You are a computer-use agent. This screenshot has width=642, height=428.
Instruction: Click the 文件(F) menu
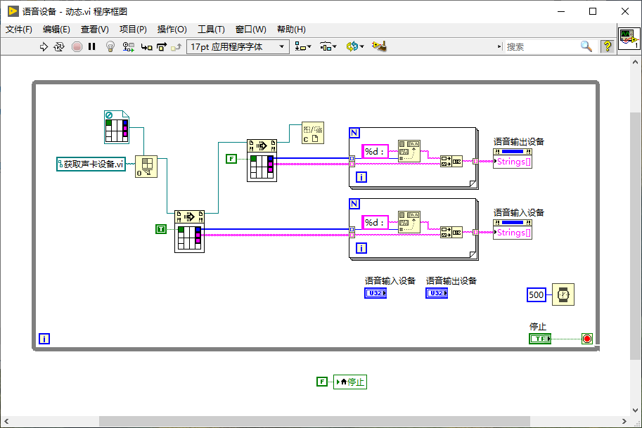pos(19,29)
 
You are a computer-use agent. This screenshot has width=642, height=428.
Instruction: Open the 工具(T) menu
pos(211,29)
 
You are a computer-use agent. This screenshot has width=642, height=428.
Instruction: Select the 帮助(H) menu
pos(291,29)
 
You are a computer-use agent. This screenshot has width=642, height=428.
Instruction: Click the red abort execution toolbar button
pos(77,46)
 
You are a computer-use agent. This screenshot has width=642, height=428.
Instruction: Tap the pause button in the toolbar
pos(91,46)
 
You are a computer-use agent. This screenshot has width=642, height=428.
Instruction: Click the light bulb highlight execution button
pos(110,46)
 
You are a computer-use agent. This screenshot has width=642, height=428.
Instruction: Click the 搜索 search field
pos(541,46)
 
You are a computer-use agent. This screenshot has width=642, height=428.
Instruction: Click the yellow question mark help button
pos(607,46)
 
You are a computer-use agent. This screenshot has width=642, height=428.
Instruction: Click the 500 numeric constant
pos(536,294)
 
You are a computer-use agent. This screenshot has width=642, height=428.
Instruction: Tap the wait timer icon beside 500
pos(563,294)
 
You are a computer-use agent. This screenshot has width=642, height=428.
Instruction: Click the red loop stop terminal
pos(587,339)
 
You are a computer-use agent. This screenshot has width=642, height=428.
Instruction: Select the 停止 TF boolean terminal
pos(540,339)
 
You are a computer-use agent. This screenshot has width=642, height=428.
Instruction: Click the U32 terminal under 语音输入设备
pos(375,293)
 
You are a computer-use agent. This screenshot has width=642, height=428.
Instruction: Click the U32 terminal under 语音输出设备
pos(437,293)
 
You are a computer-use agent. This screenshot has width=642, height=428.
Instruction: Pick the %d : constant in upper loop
pos(375,152)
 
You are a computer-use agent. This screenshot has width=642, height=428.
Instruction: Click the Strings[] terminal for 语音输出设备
pos(513,161)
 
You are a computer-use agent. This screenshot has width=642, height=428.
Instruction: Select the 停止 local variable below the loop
pos(350,382)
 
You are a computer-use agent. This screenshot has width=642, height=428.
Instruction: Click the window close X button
pos(625,11)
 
